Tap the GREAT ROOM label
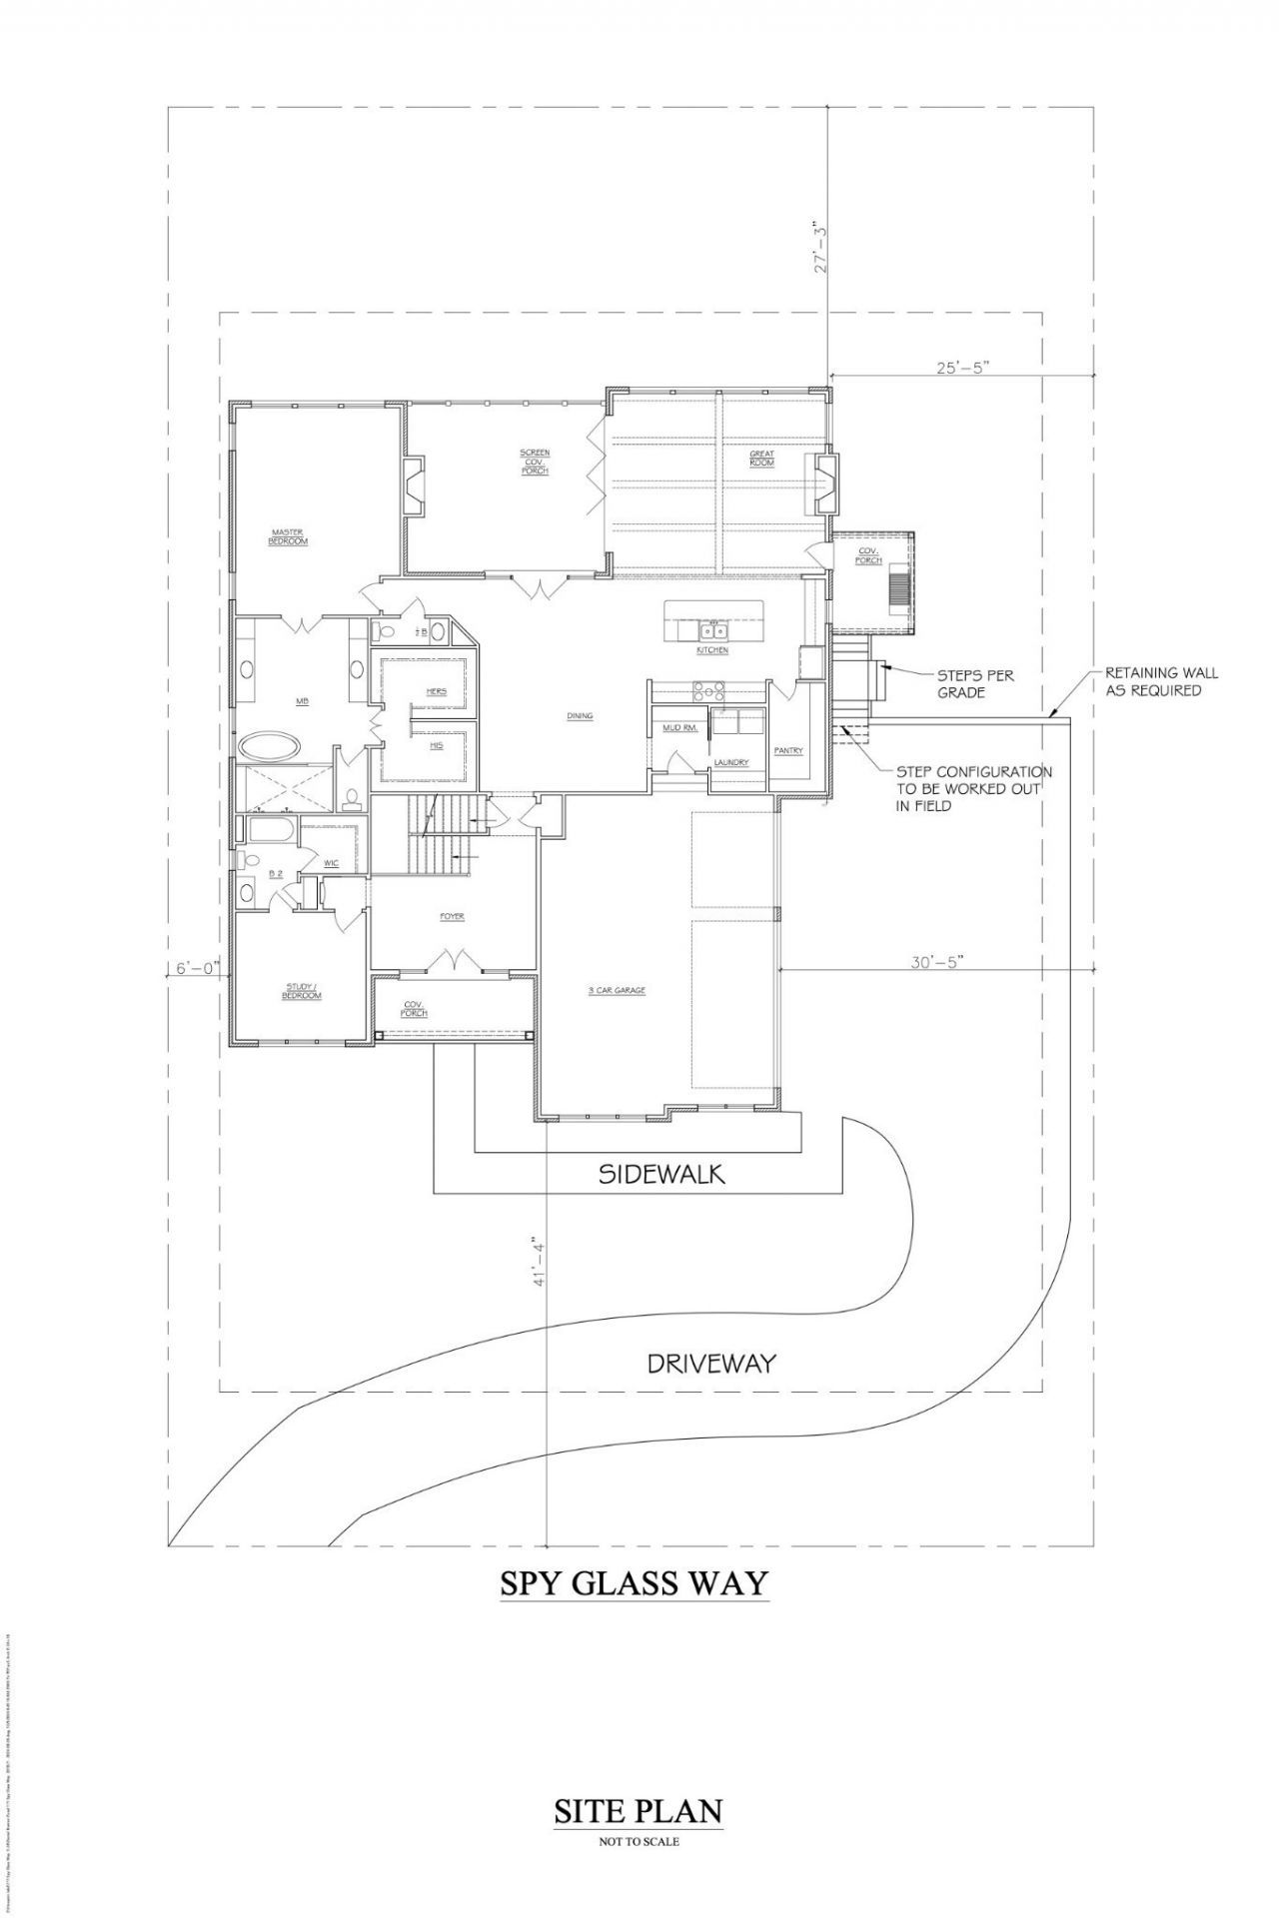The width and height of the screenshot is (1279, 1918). coord(762,459)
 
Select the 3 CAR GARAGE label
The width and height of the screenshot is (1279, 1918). coord(617,991)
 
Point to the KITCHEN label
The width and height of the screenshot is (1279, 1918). coord(712,650)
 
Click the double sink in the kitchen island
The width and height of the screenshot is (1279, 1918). coord(713,630)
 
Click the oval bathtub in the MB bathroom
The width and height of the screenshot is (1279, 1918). coord(269,745)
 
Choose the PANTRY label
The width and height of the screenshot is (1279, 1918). coord(788,750)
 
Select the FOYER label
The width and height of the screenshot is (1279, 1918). coord(452,917)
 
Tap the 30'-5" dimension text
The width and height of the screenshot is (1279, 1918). coord(935,964)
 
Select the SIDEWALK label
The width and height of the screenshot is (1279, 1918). coord(661,1174)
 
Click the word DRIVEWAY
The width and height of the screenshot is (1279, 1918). coord(711,1363)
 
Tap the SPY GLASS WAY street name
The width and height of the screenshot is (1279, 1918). coord(635,1582)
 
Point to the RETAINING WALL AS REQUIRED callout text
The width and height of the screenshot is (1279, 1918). coord(1160,681)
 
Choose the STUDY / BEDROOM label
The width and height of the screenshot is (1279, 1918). coord(303,992)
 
